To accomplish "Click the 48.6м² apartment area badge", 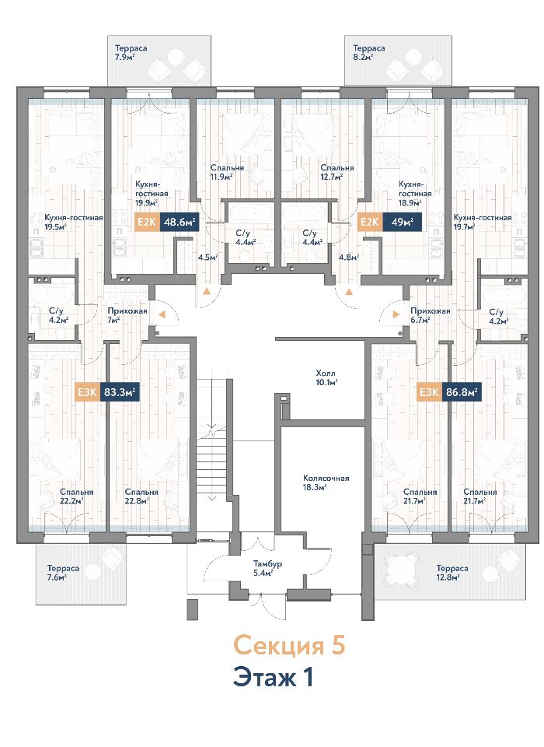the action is point(180,222).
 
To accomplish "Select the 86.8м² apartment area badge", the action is point(461,392).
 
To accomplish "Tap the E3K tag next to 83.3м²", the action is point(88,392).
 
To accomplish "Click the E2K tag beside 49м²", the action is point(370,222).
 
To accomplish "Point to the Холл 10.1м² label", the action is point(326,377).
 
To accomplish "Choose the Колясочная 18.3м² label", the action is point(326,482).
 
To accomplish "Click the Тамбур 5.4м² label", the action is point(267,568).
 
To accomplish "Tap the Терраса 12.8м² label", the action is point(452,573).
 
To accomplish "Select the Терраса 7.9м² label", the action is point(131,52).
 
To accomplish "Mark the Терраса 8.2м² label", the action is point(369,52).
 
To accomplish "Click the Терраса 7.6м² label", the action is point(63,573).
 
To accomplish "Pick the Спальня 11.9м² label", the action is point(228,173).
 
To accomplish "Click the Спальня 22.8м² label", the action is point(141,496).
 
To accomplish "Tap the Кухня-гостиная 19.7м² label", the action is point(483,222).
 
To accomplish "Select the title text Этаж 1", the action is point(274,678).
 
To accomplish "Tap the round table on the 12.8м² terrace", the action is point(401,569).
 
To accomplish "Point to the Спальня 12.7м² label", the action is point(337,173).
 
